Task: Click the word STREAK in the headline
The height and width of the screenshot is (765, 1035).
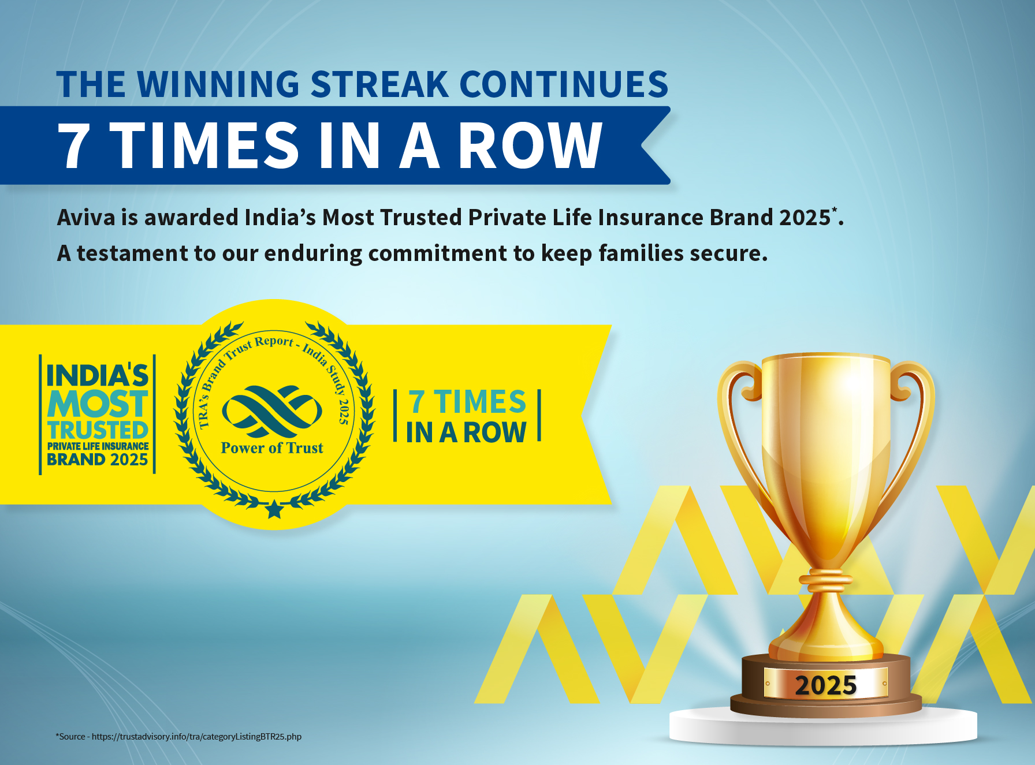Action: (x=379, y=84)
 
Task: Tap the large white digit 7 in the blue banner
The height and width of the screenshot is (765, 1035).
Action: (x=73, y=145)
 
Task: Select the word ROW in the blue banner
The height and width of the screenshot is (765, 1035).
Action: (x=530, y=145)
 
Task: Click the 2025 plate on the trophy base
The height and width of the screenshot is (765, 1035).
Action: (x=825, y=684)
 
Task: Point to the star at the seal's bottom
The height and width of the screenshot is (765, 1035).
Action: (x=274, y=509)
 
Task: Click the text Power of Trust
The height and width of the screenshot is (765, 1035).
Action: (x=272, y=448)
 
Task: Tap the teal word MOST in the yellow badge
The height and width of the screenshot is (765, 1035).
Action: (x=98, y=404)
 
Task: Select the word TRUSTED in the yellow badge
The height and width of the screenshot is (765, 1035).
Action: (x=98, y=430)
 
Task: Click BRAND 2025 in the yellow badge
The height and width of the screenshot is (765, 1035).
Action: (x=98, y=460)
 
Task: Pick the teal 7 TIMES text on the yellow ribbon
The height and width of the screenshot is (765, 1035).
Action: (x=467, y=402)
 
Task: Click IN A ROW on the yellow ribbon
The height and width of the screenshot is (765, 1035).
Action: (x=466, y=432)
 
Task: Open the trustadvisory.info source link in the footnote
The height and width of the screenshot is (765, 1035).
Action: (x=196, y=737)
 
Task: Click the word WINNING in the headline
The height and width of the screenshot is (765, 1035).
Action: (x=218, y=84)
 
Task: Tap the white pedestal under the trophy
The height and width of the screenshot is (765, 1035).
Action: (x=823, y=726)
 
